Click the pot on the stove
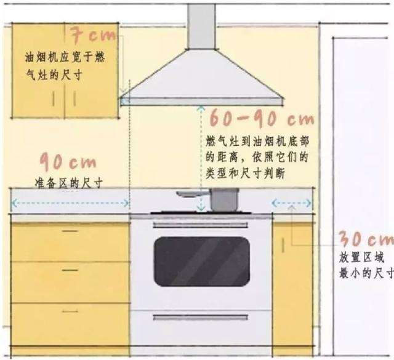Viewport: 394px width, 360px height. (x=224, y=200)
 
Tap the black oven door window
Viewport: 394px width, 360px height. (x=201, y=262)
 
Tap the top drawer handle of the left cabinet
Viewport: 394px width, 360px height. (x=70, y=231)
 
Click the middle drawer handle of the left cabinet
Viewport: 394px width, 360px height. (x=70, y=270)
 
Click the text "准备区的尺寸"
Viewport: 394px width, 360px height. (x=68, y=183)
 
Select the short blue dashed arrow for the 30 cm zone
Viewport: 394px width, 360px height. (x=290, y=202)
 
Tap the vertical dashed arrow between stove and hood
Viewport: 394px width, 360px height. (x=200, y=157)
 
